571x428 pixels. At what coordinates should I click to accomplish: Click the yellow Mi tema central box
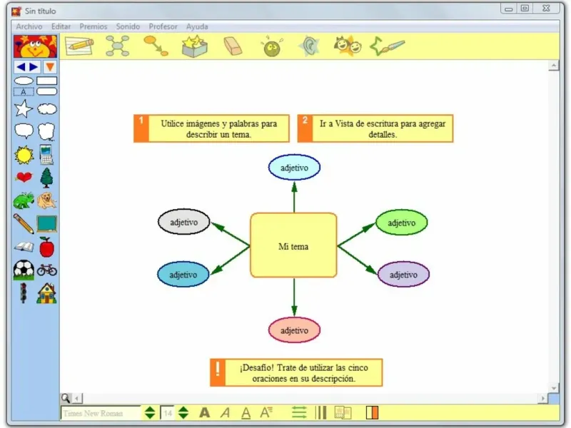pyautogui.click(x=293, y=246)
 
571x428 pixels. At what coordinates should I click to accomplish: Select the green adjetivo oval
pyautogui.click(x=401, y=223)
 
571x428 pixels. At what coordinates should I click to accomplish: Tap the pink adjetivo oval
pyautogui.click(x=294, y=330)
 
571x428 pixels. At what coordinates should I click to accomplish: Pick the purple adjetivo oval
pyautogui.click(x=403, y=275)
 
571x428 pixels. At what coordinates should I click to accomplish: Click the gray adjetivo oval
pyautogui.click(x=183, y=222)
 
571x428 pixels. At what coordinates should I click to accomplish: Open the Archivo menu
pyautogui.click(x=29, y=26)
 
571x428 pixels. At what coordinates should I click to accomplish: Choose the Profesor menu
pyautogui.click(x=163, y=26)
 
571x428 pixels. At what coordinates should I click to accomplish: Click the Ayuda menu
pyautogui.click(x=197, y=26)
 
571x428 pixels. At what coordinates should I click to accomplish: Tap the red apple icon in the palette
pyautogui.click(x=46, y=247)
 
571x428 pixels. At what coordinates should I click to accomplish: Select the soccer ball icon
pyautogui.click(x=24, y=270)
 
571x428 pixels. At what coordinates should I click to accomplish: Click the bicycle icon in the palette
pyautogui.click(x=46, y=270)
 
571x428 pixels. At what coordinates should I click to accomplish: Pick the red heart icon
pyautogui.click(x=24, y=177)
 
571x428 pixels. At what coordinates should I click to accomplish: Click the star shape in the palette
pyautogui.click(x=24, y=109)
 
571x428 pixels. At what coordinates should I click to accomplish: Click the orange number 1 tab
pyautogui.click(x=141, y=128)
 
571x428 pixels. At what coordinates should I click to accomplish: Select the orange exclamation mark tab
pyautogui.click(x=218, y=372)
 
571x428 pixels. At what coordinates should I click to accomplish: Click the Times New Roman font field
pyautogui.click(x=100, y=412)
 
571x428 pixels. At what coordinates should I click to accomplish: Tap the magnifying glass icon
pyautogui.click(x=65, y=398)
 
